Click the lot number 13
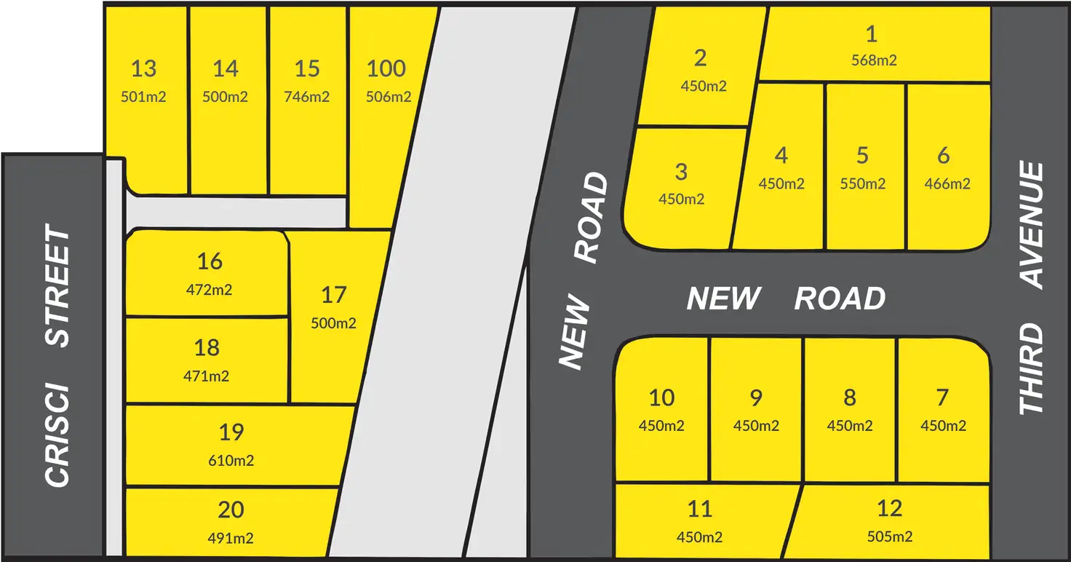(144, 69)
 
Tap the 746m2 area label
(307, 96)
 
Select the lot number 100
(386, 69)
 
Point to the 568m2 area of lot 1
(874, 60)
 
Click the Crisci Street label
(58, 356)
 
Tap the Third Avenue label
(1032, 288)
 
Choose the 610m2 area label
(231, 460)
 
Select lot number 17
(333, 296)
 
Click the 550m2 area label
(862, 183)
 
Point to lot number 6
(944, 155)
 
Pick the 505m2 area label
(890, 537)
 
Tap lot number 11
(699, 508)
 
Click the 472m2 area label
(210, 289)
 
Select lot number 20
(231, 510)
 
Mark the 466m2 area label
(947, 183)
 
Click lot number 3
(681, 172)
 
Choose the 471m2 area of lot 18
(207, 376)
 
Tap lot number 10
(661, 398)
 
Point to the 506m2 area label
(389, 96)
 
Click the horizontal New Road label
(786, 298)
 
